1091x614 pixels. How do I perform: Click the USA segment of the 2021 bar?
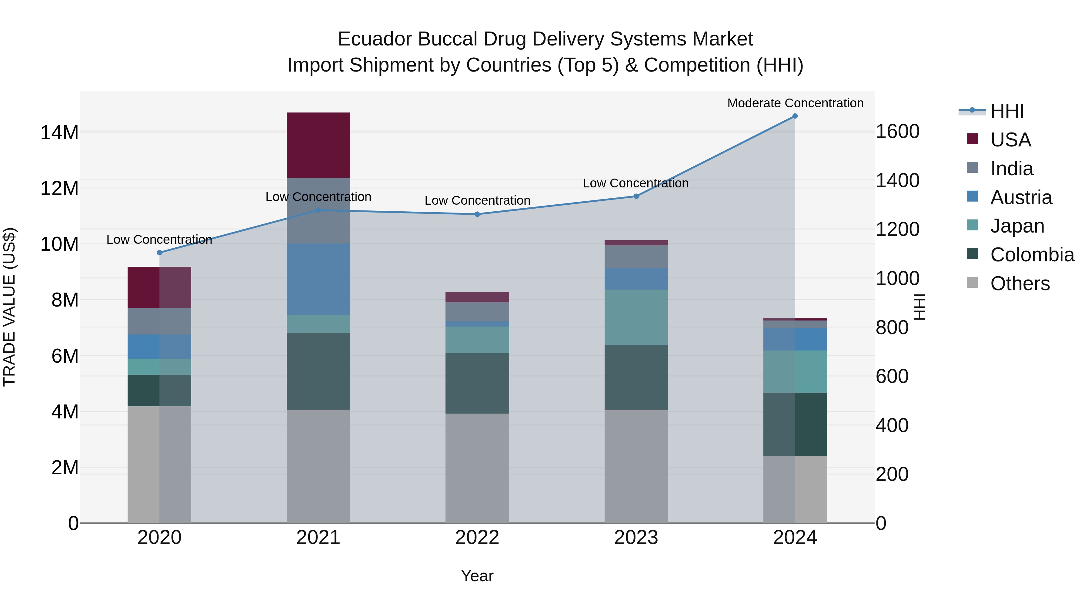(318, 145)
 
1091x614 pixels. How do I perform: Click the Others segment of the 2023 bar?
(636, 466)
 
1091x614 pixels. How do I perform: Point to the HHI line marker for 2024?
(795, 116)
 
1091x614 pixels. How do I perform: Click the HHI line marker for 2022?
(477, 214)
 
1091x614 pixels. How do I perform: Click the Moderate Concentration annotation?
(795, 103)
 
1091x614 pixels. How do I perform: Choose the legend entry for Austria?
(1021, 197)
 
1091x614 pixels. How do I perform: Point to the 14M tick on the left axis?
(59, 133)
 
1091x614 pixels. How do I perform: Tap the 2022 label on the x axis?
(477, 538)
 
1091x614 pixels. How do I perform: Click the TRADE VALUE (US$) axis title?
(9, 307)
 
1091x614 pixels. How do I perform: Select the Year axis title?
(477, 576)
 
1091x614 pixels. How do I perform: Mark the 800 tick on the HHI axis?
(892, 327)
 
